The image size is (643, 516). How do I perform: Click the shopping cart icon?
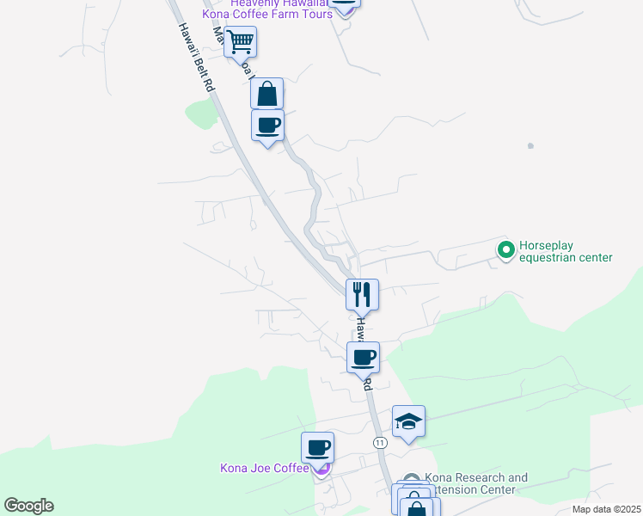tap(241, 40)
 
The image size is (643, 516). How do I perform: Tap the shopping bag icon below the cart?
tap(266, 92)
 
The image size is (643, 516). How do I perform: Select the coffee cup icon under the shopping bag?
tap(267, 125)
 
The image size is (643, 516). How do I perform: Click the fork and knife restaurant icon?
tap(362, 294)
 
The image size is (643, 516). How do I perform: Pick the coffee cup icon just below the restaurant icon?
tap(363, 356)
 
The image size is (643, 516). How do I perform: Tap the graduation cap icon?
tap(408, 421)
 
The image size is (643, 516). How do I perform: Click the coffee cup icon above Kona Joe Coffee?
tap(317, 447)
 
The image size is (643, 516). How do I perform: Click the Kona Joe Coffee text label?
tap(264, 468)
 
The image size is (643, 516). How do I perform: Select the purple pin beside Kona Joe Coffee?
tap(321, 468)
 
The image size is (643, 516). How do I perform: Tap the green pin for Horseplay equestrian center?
tap(506, 250)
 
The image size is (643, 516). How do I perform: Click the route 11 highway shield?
tap(379, 442)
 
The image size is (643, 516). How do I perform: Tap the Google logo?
tap(28, 506)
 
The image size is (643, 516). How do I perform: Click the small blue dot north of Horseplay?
tap(530, 146)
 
